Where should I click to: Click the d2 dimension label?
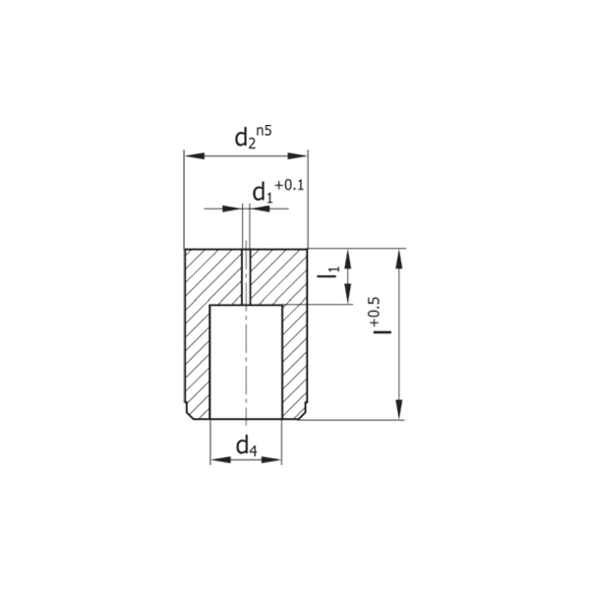point(245,140)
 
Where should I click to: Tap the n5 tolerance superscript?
point(265,132)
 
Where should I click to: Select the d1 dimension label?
point(263,194)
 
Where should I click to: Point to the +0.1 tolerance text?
point(289,186)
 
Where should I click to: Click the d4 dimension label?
point(247,446)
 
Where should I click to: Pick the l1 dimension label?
point(328,272)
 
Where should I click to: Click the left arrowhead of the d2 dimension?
point(195,155)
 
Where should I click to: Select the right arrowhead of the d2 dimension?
point(298,155)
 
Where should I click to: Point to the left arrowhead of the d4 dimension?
point(220,459)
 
